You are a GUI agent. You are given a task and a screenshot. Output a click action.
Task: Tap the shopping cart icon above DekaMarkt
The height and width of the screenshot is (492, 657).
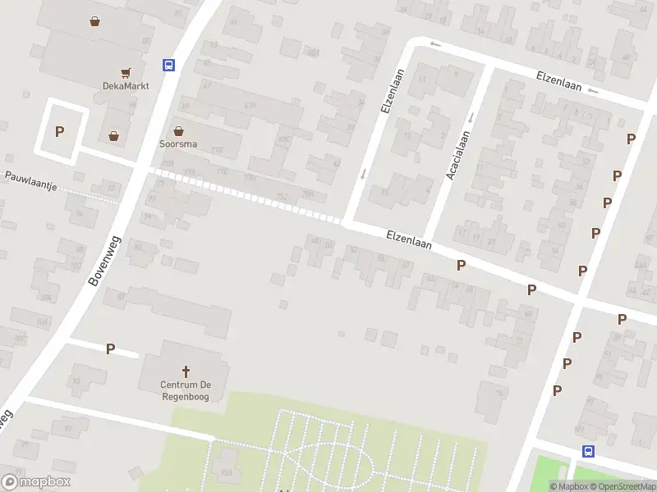point(126,73)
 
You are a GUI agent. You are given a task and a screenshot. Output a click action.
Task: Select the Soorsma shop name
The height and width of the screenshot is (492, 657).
point(178,143)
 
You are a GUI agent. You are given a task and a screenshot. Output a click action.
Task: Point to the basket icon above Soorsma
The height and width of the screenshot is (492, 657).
point(178,130)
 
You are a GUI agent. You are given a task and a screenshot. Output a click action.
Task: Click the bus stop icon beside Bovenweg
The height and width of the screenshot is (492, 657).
point(168,65)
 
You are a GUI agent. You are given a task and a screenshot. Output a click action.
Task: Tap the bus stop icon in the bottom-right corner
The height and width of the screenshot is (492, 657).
point(588,451)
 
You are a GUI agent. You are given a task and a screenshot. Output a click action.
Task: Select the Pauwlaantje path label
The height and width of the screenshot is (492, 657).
point(30,181)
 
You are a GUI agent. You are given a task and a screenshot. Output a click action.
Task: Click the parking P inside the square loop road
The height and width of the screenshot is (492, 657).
point(59,131)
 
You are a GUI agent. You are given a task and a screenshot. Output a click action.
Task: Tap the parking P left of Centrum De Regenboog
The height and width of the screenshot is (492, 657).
point(110,348)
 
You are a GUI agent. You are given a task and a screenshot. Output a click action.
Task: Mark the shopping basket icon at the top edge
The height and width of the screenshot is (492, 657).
point(95,22)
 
